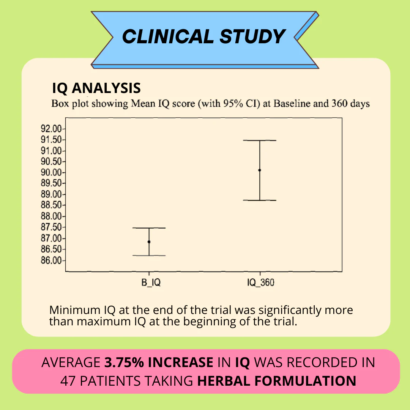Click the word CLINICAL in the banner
point(167,36)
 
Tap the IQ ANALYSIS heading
point(96,88)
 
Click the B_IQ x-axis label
point(149,283)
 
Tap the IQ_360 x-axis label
point(260,283)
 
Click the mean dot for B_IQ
point(149,242)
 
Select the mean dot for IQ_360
point(260,170)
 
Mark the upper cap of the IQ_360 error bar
point(260,140)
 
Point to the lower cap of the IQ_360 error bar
point(260,200)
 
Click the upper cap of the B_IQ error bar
point(149,228)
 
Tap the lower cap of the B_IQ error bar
point(149,255)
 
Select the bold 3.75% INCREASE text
point(159,363)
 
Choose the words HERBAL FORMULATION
point(277,381)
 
